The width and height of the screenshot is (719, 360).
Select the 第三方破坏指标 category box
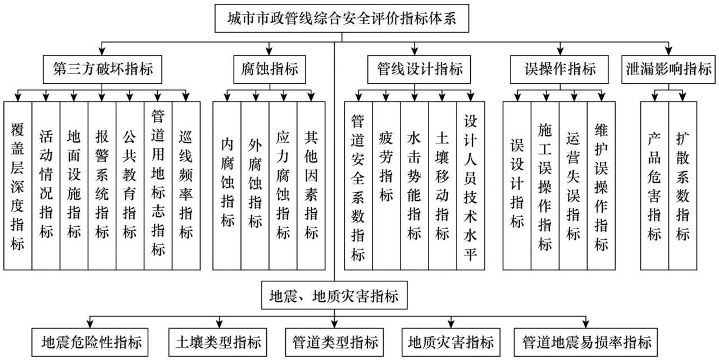coord(103,70)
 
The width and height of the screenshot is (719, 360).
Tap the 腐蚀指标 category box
coord(270,70)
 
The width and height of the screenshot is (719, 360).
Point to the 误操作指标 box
coord(560,70)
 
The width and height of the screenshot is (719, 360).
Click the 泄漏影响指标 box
coord(668,70)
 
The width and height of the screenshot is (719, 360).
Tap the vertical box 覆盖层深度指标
coord(17,185)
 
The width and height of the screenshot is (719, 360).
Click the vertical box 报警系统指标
coord(102,185)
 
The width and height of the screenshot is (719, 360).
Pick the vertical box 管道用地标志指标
coord(158,185)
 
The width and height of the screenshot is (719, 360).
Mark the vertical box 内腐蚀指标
coord(227,185)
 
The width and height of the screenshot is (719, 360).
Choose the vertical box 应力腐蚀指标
coord(283,185)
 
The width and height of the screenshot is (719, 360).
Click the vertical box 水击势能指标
coord(415,185)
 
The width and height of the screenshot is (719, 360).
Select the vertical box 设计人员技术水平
coord(471,185)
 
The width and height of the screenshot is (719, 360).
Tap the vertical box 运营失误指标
coord(573,185)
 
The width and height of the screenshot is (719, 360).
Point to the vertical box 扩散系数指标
coord(682,185)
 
